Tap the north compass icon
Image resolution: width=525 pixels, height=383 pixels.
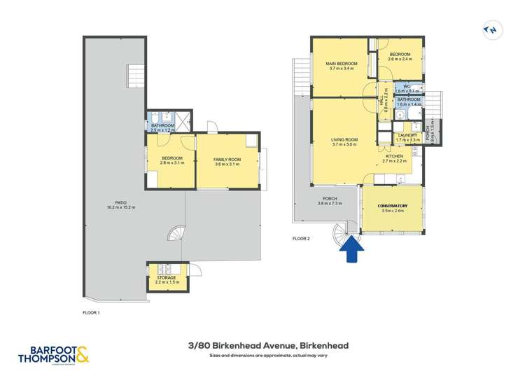click(492, 30)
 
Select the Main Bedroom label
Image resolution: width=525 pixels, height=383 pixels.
click(342, 64)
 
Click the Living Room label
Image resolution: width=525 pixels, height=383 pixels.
click(344, 140)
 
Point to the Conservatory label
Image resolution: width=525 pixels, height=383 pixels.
click(393, 206)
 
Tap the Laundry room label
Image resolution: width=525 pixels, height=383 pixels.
click(407, 135)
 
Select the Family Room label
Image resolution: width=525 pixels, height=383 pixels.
click(227, 160)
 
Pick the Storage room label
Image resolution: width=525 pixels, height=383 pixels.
click(167, 278)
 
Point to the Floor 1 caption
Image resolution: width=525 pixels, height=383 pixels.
click(91, 312)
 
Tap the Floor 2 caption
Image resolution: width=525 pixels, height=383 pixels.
click(301, 239)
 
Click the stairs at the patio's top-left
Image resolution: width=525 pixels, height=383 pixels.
click(134, 76)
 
